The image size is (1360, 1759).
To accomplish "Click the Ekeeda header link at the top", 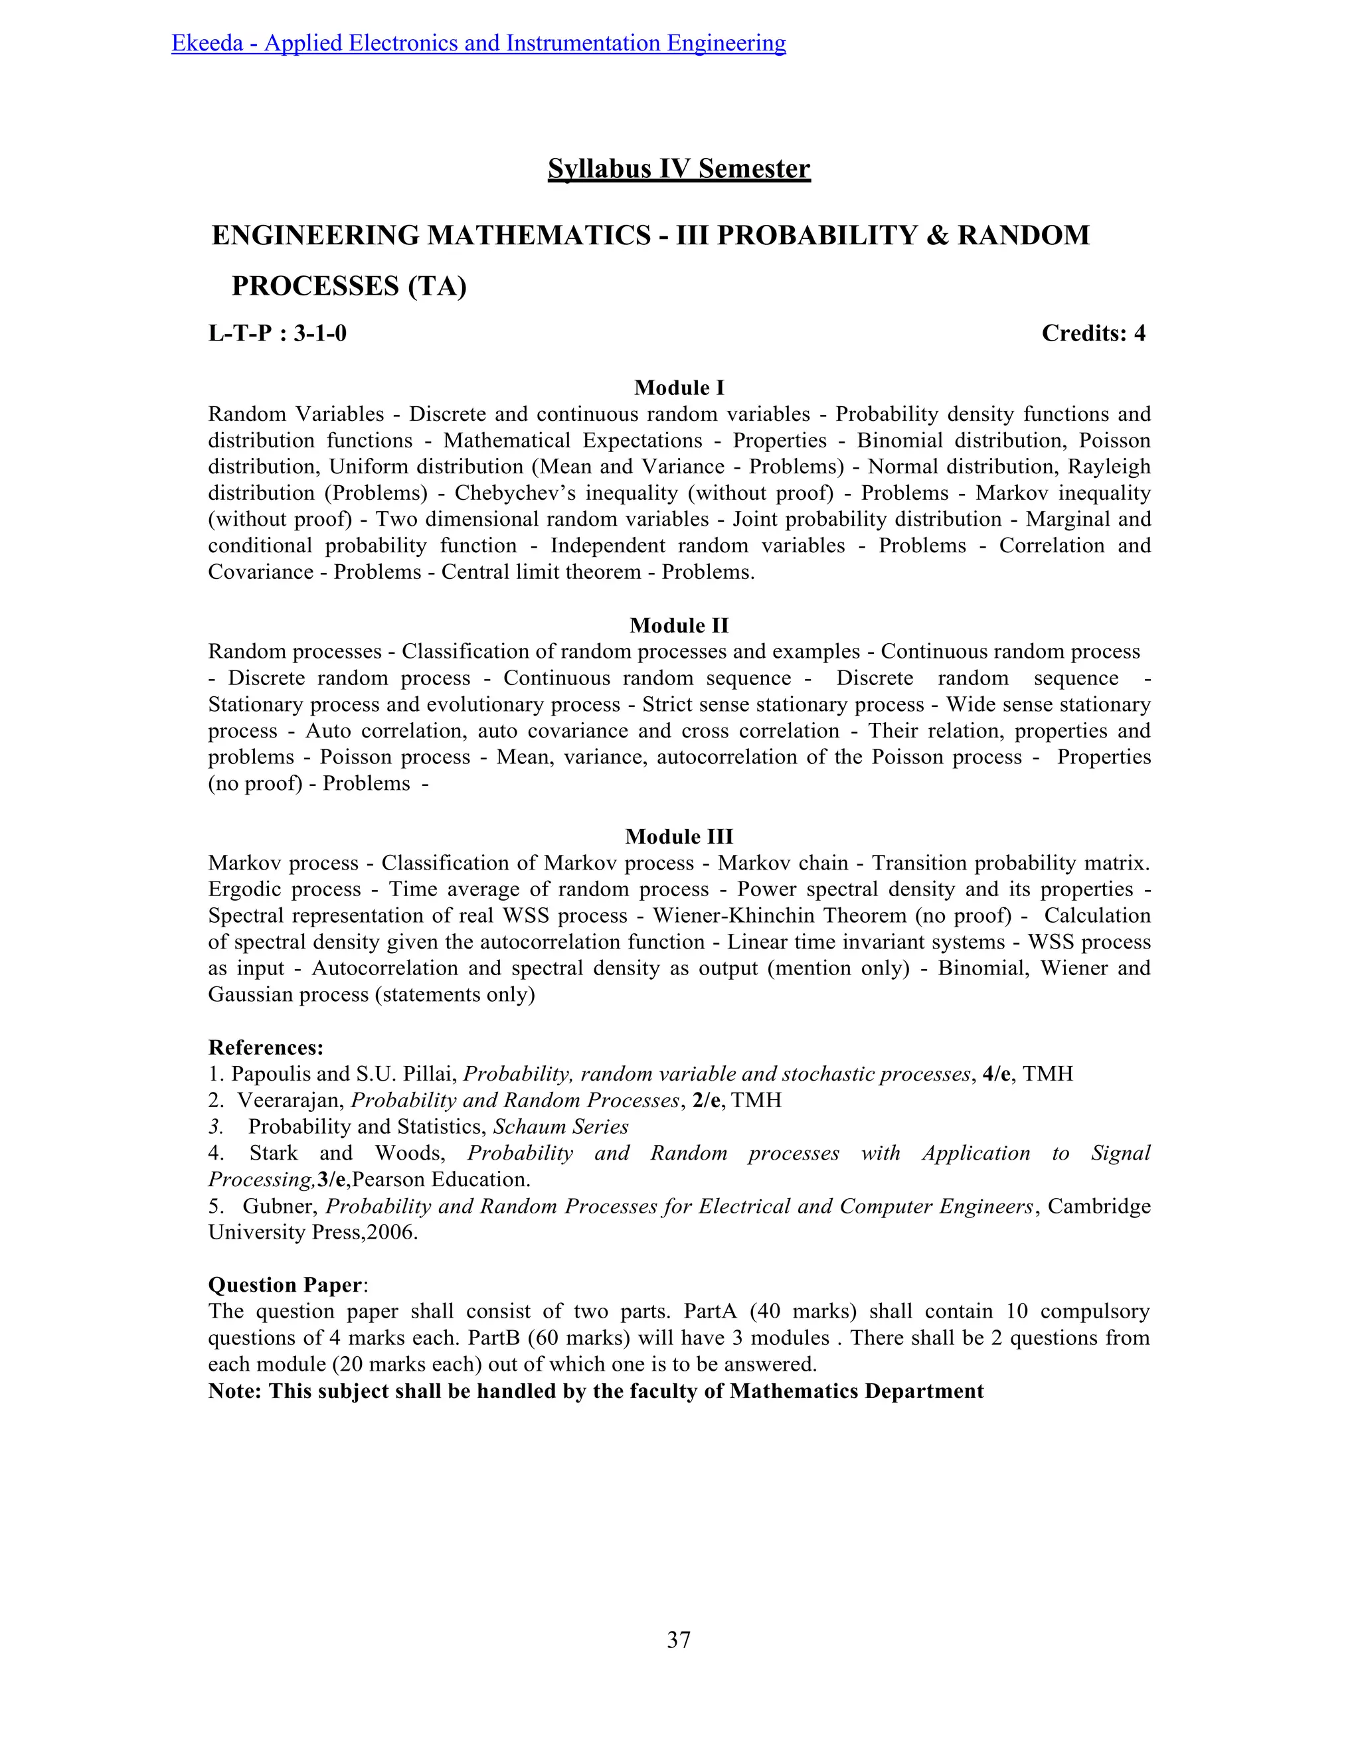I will [x=479, y=42].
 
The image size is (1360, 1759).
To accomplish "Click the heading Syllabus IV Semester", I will [x=679, y=169].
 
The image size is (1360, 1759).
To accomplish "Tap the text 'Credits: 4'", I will [x=1092, y=333].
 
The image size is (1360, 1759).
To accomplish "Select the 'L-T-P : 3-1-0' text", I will [x=277, y=333].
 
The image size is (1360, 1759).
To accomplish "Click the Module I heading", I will [x=679, y=388].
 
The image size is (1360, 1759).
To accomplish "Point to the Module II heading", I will [x=679, y=625].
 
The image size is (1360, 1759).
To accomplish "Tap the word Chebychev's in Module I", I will [x=501, y=493].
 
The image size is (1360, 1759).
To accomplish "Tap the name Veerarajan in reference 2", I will [x=290, y=1100].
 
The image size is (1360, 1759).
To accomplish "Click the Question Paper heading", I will [x=284, y=1284].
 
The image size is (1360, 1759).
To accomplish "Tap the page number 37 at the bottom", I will [x=679, y=1640].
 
